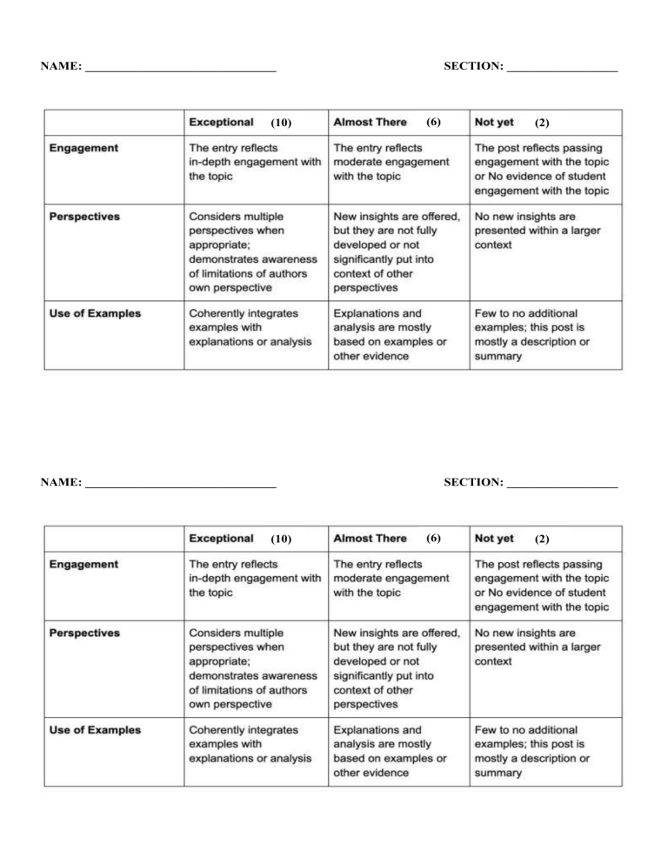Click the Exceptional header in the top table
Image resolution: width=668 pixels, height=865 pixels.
(222, 122)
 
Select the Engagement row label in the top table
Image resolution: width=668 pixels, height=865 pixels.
(84, 149)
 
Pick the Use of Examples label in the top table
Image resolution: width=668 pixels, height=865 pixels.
(96, 313)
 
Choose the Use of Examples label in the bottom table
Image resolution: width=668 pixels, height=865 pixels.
(96, 729)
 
